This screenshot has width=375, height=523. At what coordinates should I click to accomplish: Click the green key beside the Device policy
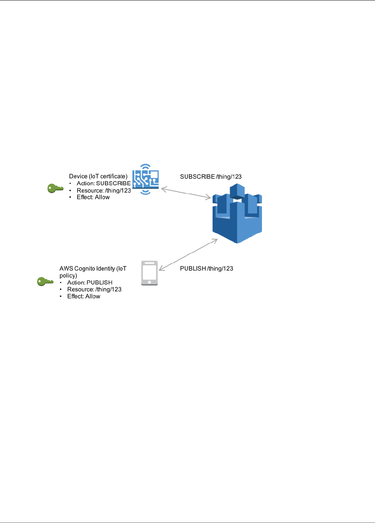coord(55,188)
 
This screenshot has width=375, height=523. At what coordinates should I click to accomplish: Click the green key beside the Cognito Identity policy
coord(45,282)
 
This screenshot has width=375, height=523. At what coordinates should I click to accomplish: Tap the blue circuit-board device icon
coord(145,179)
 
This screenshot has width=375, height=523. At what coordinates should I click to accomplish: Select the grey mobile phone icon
coord(150,273)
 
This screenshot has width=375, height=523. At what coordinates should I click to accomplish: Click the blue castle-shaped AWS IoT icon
coord(237,214)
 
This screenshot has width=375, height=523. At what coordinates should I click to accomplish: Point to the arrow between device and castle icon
coord(186,193)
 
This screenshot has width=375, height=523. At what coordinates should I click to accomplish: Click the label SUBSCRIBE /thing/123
coord(211,177)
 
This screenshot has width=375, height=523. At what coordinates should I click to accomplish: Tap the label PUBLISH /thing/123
coord(206,269)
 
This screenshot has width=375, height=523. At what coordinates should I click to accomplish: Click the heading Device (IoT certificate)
coord(98,176)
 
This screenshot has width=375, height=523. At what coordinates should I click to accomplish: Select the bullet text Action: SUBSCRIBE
coord(103,183)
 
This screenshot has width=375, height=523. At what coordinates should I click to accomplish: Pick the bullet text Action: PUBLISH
coord(90,283)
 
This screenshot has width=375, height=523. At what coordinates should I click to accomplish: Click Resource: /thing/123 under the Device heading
coord(103,190)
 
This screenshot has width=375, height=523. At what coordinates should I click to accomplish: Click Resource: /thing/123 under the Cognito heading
coord(94,289)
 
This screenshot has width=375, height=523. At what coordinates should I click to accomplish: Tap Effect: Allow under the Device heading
coord(93,197)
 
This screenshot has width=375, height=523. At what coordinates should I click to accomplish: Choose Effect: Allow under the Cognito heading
coord(83,296)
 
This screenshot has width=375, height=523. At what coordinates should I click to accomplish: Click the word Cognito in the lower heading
coord(87,269)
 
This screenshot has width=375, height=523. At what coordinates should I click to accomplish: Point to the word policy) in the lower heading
coord(68,276)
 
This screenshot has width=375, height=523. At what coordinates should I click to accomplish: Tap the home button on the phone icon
coord(150,282)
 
